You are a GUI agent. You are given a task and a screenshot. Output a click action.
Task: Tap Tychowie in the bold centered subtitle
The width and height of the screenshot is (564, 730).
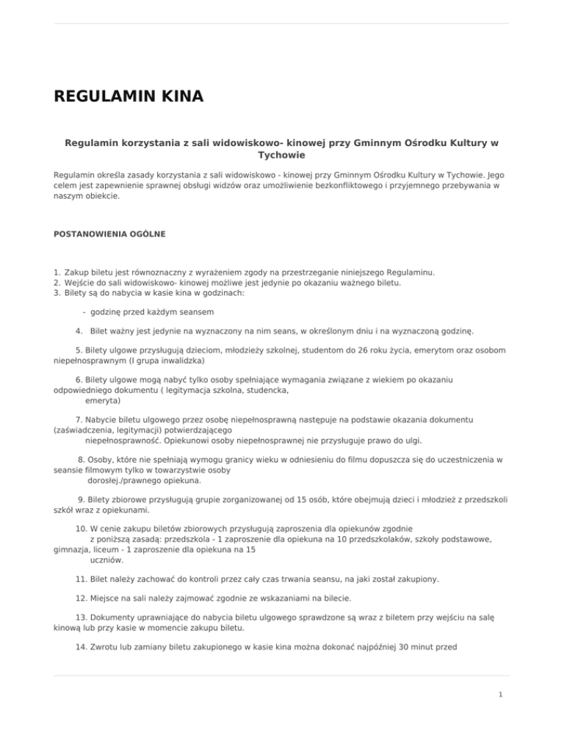tap(281, 156)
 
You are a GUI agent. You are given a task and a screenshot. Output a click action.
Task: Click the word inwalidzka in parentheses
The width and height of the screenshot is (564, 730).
tap(184, 361)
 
